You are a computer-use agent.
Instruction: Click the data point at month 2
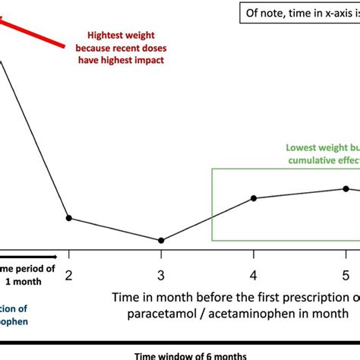tap(69, 218)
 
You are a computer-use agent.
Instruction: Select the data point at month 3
tap(161, 240)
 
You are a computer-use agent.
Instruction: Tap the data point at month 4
tap(254, 198)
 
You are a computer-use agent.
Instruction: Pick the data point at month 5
tap(346, 188)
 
